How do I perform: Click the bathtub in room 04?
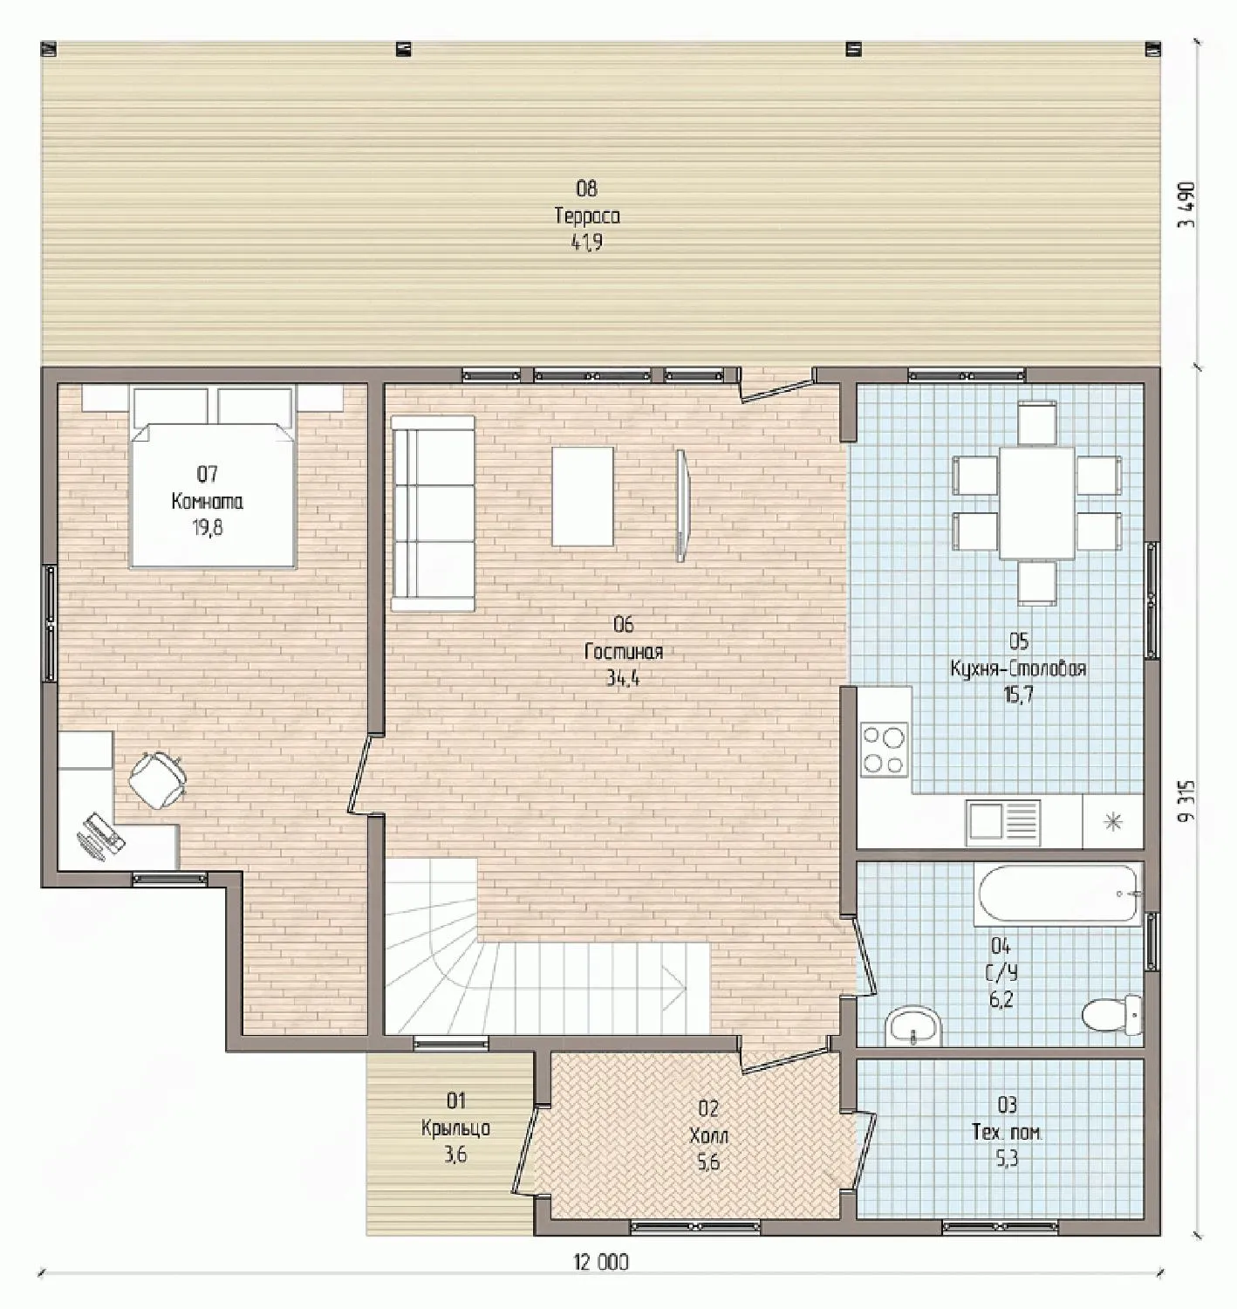[x=1059, y=894]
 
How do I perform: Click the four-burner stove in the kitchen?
[x=885, y=750]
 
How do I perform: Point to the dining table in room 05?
[x=1036, y=503]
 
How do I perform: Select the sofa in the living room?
[x=433, y=513]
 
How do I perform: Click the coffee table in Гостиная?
[x=583, y=496]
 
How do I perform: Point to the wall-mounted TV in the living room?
[x=681, y=505]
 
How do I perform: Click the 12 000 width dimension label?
[x=600, y=1261]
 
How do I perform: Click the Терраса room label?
[x=587, y=216]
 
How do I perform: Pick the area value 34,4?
[x=623, y=678]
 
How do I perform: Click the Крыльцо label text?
[x=455, y=1127]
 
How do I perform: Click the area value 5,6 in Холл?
[x=708, y=1162]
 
